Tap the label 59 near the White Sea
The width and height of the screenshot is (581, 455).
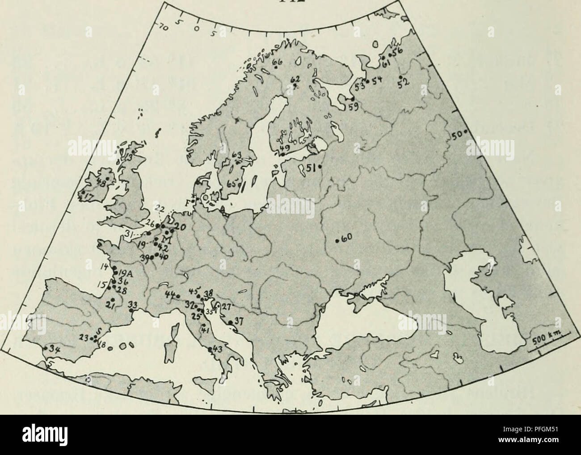coord(353,107)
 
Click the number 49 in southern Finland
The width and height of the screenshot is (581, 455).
coord(284,148)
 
